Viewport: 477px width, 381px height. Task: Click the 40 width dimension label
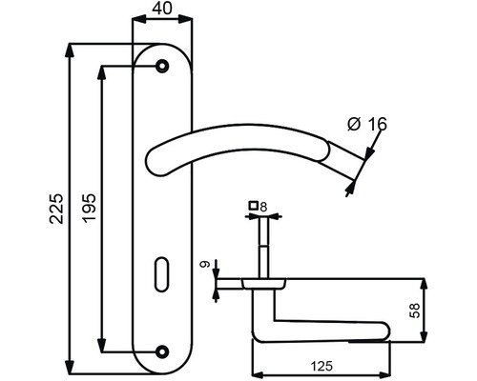[163, 10]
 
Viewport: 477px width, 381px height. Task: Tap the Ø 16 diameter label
[365, 123]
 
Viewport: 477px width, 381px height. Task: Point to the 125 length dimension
[320, 363]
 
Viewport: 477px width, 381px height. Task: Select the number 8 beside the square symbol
[263, 205]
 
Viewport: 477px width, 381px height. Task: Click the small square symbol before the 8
[252, 205]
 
